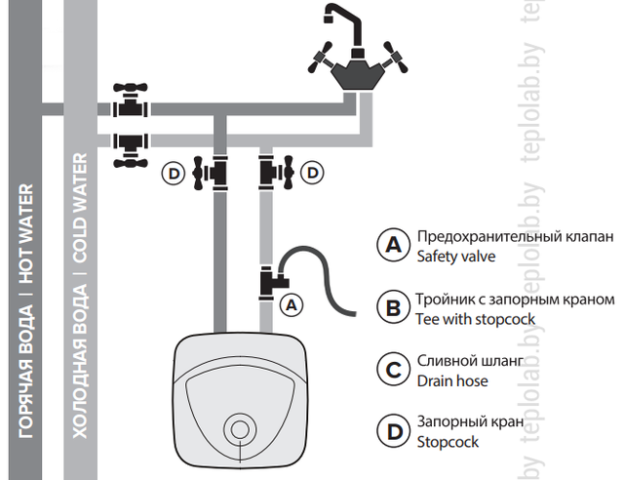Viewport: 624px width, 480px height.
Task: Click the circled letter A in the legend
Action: [x=393, y=246]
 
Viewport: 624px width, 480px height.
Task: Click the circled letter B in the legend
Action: [x=393, y=308]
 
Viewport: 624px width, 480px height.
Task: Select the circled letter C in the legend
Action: [x=393, y=370]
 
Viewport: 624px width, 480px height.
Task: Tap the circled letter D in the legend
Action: [x=393, y=431]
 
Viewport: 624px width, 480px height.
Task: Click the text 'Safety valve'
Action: [x=456, y=258]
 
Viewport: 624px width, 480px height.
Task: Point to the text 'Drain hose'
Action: [x=452, y=380]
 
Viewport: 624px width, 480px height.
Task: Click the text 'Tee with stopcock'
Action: [x=476, y=319]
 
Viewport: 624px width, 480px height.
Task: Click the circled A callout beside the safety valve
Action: [x=291, y=303]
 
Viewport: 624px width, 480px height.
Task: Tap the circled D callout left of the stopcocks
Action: [x=174, y=174]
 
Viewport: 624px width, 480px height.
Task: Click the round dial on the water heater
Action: [x=239, y=427]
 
